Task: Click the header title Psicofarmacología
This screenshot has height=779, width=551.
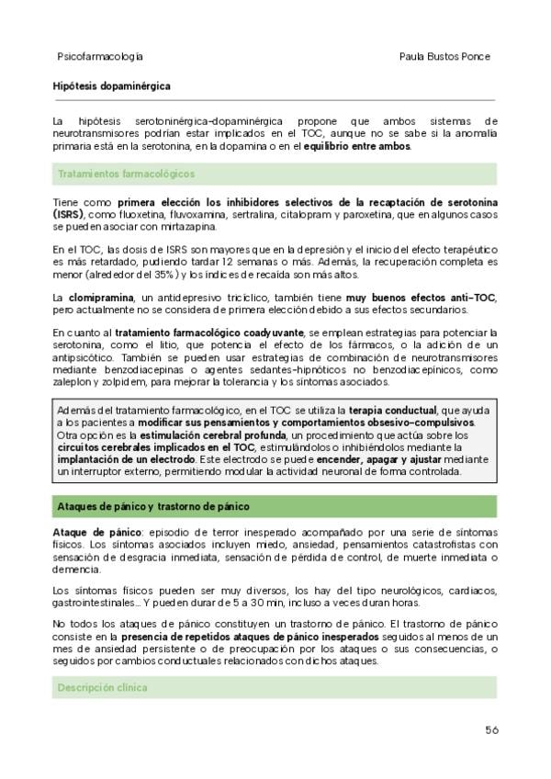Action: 100,56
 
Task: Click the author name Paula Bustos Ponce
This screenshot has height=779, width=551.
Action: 444,56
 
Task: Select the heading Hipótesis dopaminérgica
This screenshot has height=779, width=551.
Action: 111,86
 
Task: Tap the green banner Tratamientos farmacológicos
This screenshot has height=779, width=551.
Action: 126,174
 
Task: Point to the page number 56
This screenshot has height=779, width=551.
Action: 491,730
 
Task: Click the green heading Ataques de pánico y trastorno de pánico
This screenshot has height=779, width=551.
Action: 152,506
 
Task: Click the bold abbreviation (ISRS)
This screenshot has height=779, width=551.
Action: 67,214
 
